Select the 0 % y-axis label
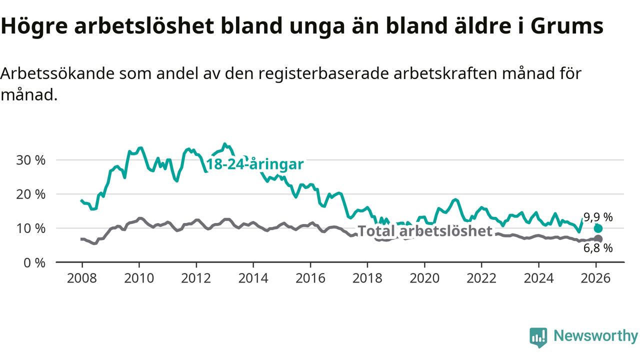(34, 262)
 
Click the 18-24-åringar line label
(255, 164)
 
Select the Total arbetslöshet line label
(425, 231)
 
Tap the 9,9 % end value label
(598, 217)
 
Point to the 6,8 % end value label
(598, 248)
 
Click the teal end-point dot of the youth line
(598, 228)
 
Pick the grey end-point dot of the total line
(598, 238)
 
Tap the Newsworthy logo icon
(538, 337)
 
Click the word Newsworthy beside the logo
(595, 336)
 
